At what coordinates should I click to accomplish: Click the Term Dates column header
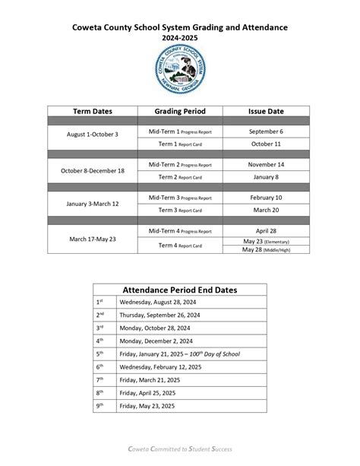point(93,111)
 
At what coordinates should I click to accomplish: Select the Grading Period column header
point(180,111)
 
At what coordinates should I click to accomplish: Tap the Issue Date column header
point(267,111)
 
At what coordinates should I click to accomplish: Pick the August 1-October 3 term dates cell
point(93,134)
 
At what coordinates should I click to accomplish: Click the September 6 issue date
point(267,132)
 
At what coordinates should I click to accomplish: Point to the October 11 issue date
point(267,143)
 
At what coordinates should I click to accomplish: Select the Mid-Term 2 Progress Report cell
point(180,164)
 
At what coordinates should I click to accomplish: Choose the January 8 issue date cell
point(267,176)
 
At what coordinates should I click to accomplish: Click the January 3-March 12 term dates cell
point(93,203)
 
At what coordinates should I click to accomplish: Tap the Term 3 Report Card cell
point(180,210)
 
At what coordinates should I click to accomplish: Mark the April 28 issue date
point(267,230)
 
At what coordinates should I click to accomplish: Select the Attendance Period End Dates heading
point(180,290)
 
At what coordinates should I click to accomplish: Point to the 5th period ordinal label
point(99,354)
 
